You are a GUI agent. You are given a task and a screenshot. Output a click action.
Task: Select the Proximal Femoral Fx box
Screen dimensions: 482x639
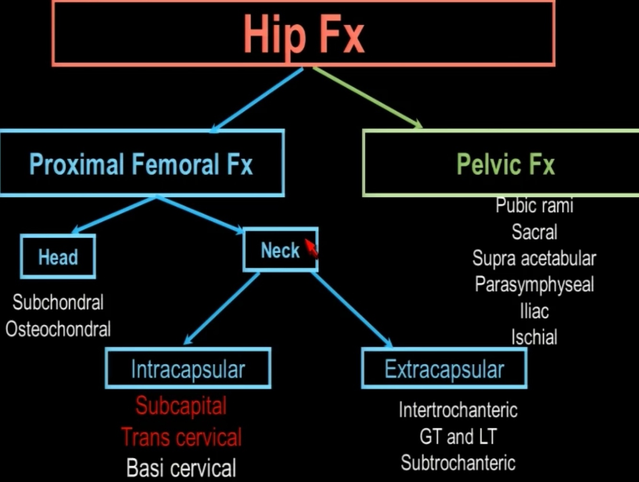tap(141, 164)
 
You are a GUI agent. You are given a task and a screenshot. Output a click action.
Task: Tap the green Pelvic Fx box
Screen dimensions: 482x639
tap(505, 164)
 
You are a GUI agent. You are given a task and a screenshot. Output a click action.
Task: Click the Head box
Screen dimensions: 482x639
tap(58, 257)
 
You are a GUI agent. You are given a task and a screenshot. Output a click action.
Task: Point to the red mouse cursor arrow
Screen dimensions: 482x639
tap(311, 248)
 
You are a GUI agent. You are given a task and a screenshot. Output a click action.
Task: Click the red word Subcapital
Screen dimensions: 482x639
tap(181, 406)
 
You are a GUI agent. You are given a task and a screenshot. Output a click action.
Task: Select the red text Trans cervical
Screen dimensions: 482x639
tap(181, 437)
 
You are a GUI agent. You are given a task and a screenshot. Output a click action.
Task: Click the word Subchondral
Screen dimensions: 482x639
tap(58, 302)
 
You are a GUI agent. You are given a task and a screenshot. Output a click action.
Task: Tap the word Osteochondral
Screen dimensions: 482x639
tap(58, 329)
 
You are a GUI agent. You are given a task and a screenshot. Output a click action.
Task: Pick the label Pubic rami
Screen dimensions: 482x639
tap(534, 206)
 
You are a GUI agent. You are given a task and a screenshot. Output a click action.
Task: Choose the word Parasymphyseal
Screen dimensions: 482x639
tap(534, 284)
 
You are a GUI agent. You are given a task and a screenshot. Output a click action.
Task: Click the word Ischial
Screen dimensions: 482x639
tap(534, 337)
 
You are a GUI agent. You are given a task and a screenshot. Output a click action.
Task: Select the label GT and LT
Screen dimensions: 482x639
tap(458, 436)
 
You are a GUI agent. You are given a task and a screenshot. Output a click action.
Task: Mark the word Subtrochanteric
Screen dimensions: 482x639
tap(458, 463)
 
